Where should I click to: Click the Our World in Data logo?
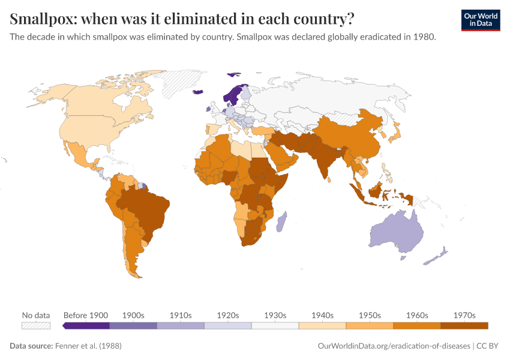click(480, 20)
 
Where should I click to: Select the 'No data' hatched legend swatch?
click(35, 325)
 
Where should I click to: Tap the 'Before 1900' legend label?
click(86, 315)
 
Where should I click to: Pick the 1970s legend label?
click(464, 315)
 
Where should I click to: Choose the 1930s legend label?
click(275, 315)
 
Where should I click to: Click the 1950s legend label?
click(370, 315)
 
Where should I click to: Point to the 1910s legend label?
click(181, 315)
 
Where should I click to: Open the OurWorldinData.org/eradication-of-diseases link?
click(393, 346)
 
